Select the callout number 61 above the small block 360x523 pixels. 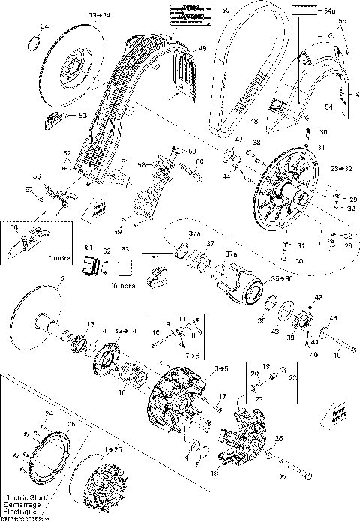pos(88,247)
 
